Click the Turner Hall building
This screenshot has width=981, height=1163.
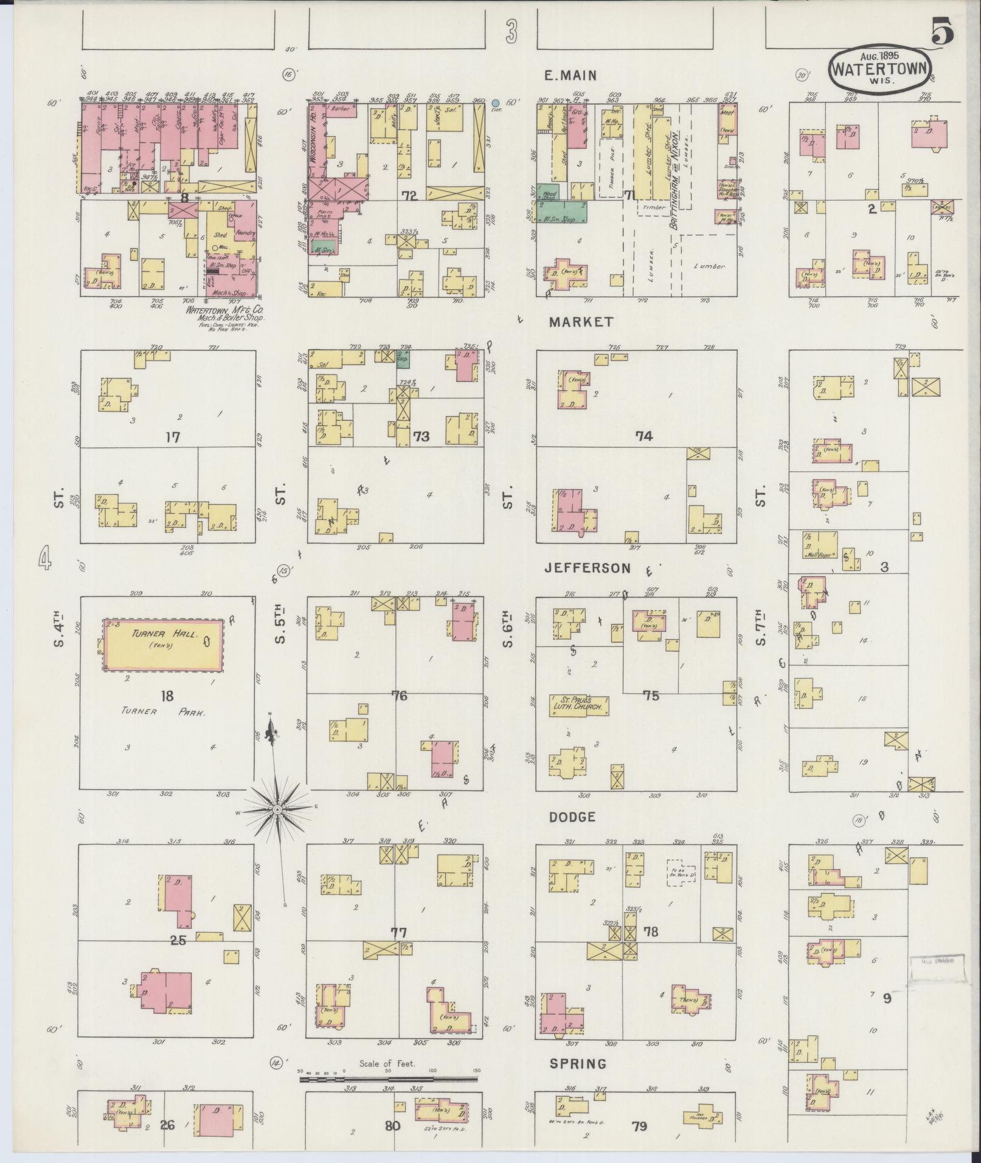pyautogui.click(x=163, y=646)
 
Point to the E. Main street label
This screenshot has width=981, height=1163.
pyautogui.click(x=570, y=75)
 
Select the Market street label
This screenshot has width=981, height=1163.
pyautogui.click(x=581, y=322)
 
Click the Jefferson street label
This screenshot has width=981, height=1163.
pyautogui.click(x=587, y=568)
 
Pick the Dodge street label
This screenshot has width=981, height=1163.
pyautogui.click(x=572, y=817)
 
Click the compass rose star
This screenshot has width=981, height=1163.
pyautogui.click(x=277, y=810)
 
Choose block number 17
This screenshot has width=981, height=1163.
pyautogui.click(x=173, y=437)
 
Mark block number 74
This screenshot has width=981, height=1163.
pyautogui.click(x=643, y=435)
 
